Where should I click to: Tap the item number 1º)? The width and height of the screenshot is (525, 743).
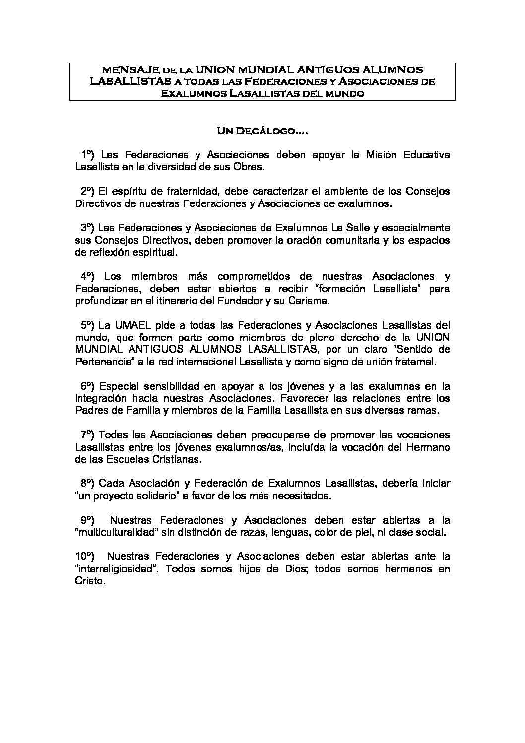[88, 155]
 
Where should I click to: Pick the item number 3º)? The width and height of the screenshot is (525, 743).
[88, 228]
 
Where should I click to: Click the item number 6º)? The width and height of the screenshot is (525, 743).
[88, 386]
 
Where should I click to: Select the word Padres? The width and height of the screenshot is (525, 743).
[89, 410]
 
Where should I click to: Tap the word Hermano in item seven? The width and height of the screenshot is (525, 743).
[430, 447]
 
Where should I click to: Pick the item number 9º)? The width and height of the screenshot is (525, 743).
[88, 520]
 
